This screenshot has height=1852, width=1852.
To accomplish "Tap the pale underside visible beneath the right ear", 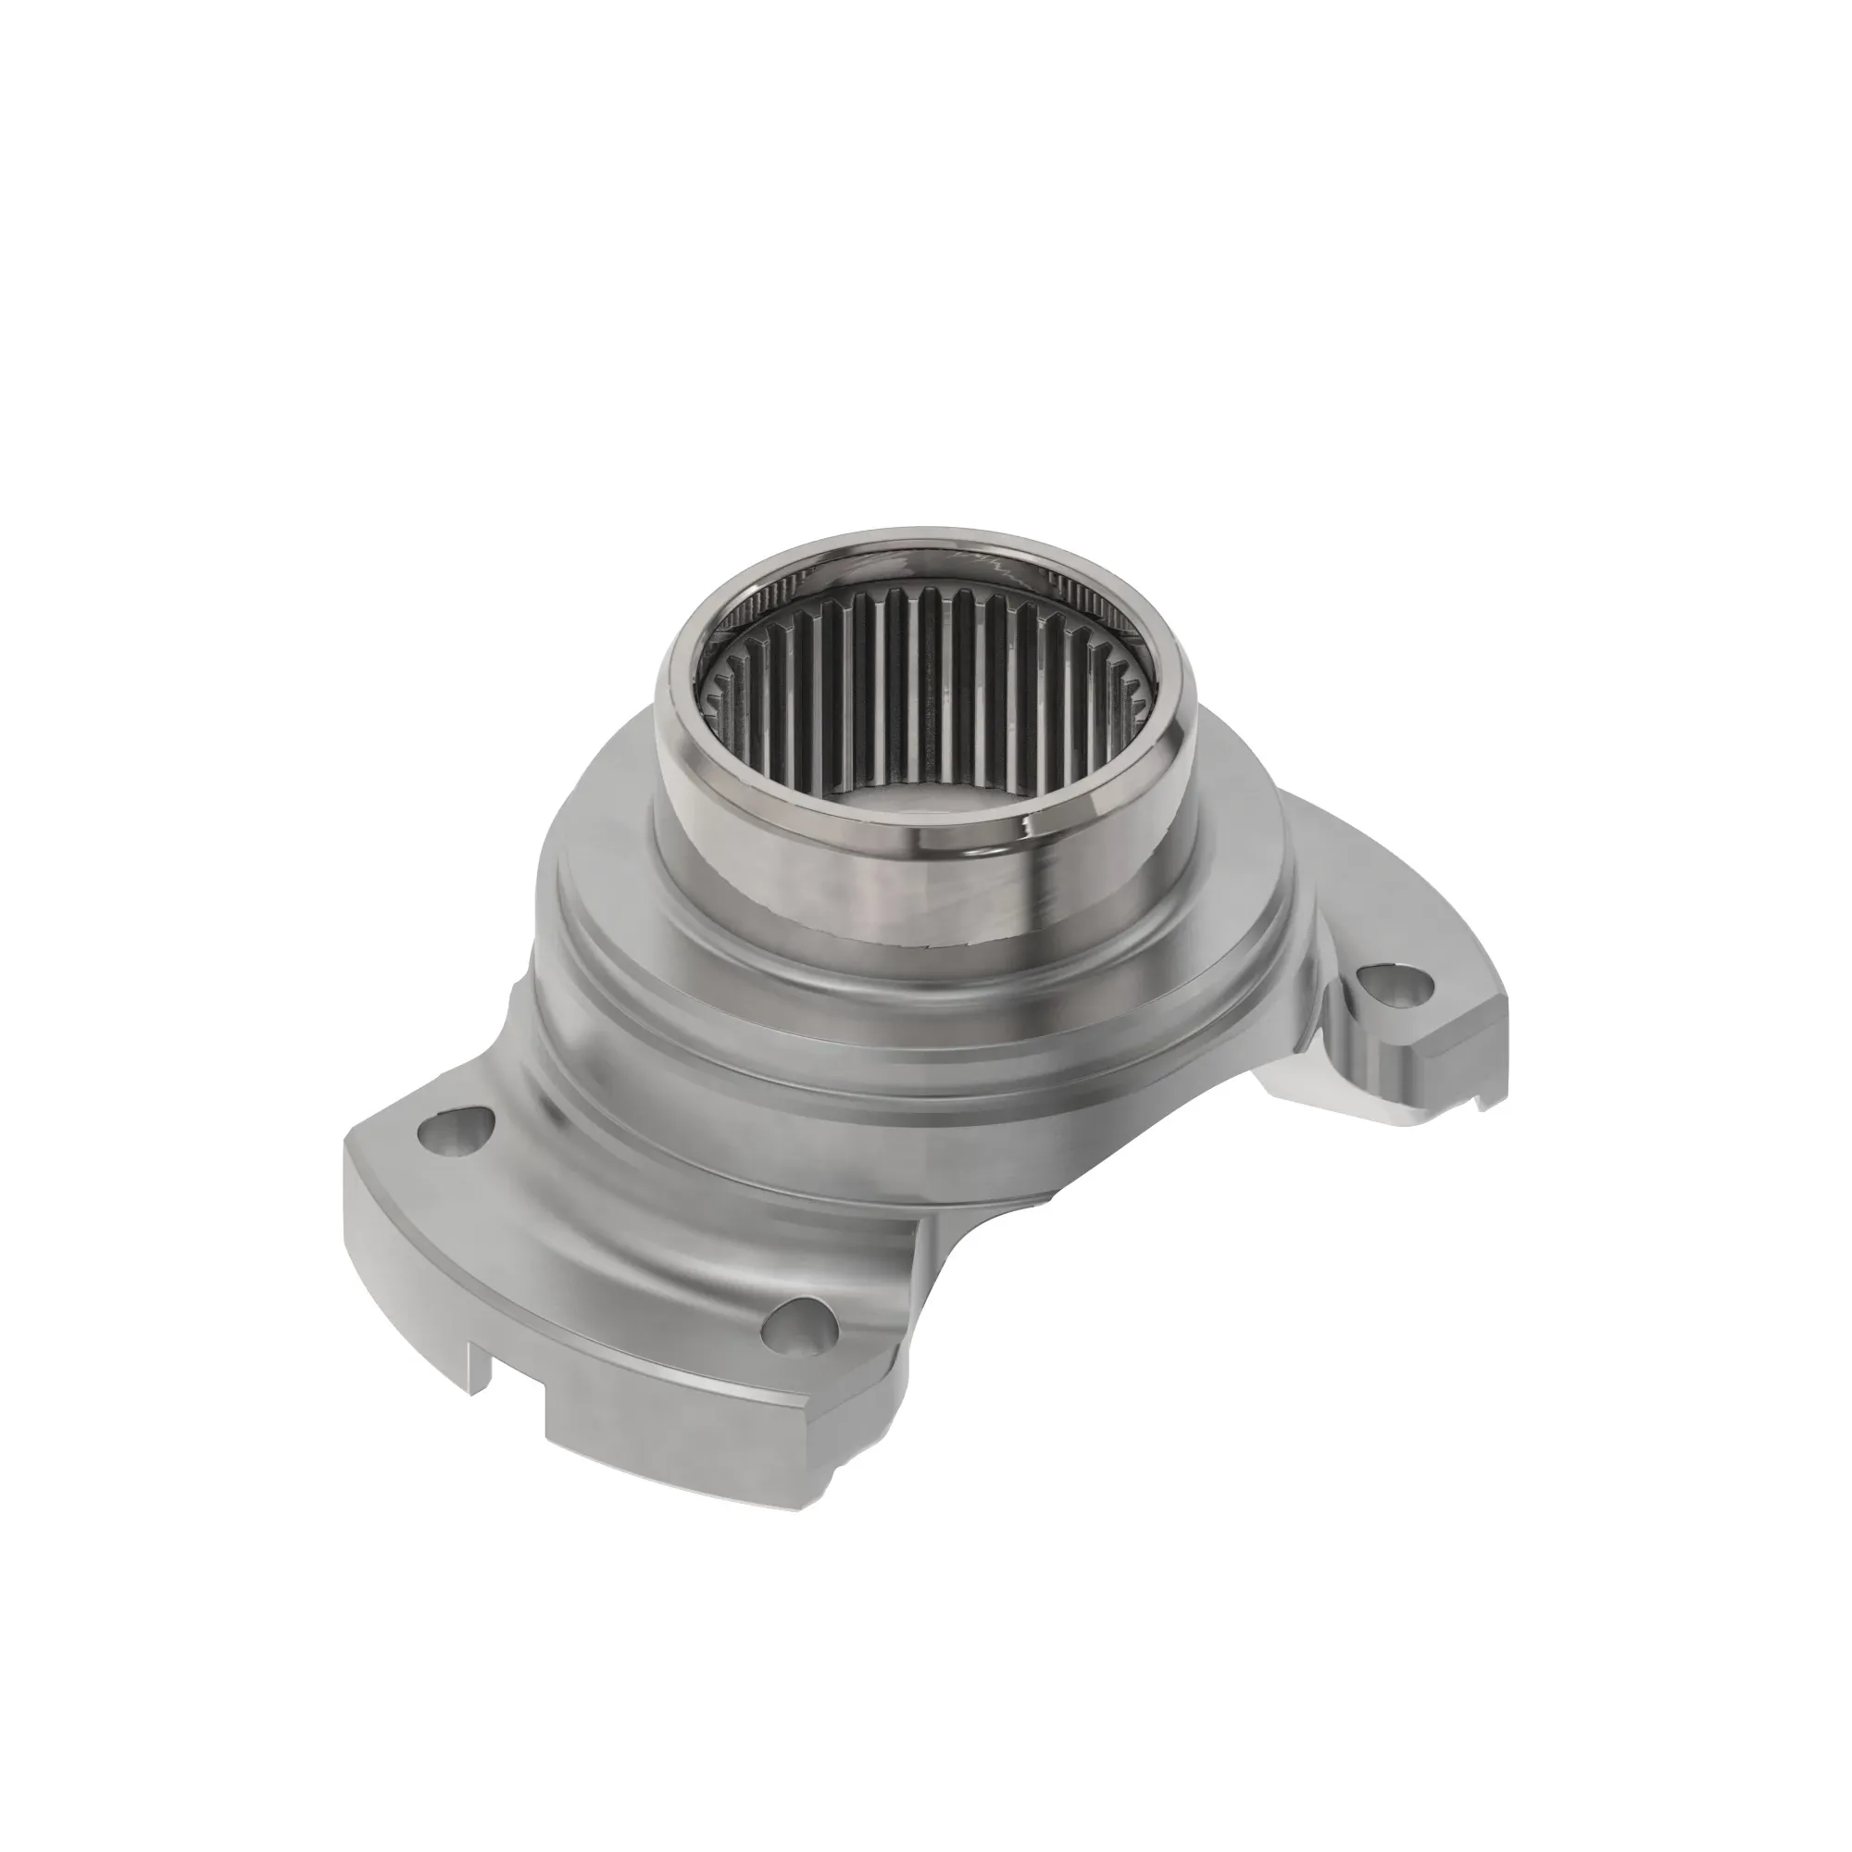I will [1342, 1102].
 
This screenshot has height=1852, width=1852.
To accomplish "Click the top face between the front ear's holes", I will [614, 1236].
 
